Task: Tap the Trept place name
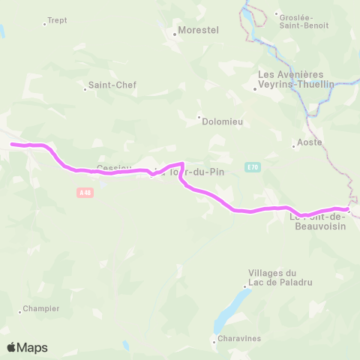pyautogui.click(x=57, y=21)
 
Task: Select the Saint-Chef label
pyautogui.click(x=112, y=85)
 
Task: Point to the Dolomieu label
pyautogui.click(x=220, y=118)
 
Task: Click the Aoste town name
pyautogui.click(x=310, y=142)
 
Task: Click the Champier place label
pyautogui.click(x=40, y=307)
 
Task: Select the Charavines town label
pyautogui.click(x=240, y=338)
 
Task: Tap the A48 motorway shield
pyautogui.click(x=85, y=192)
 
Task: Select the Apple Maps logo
pyautogui.click(x=27, y=347)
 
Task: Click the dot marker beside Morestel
pyautogui.click(x=173, y=33)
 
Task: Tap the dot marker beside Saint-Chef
pyautogui.click(x=85, y=89)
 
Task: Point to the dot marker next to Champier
pyautogui.click(x=19, y=311)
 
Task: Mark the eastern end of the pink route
pyautogui.click(x=348, y=209)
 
